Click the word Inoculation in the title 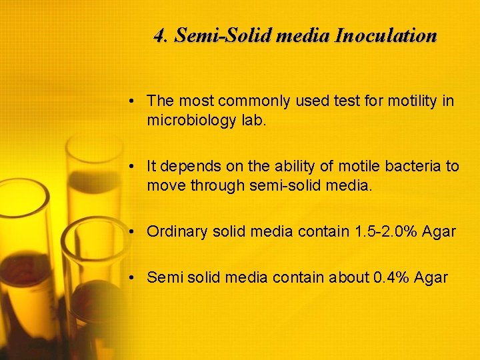click(385, 35)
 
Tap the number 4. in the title click(161, 35)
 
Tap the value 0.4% click(388, 277)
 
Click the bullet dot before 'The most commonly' click(134, 102)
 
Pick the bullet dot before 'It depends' click(134, 167)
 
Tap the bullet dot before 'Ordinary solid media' click(134, 232)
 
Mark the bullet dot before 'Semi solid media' click(134, 278)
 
